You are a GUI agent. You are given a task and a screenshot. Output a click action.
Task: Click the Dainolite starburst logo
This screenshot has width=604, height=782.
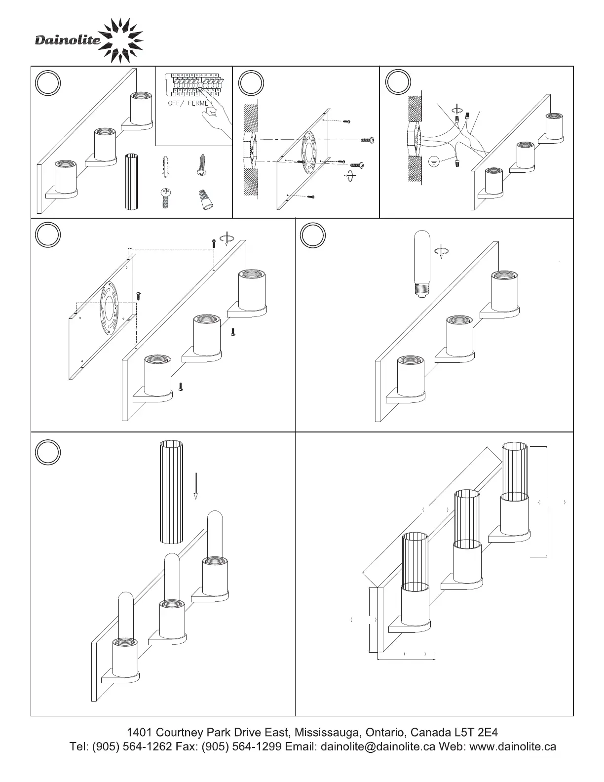(x=121, y=40)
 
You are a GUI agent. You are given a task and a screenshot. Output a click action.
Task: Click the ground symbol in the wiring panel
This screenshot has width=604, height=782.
(x=434, y=162)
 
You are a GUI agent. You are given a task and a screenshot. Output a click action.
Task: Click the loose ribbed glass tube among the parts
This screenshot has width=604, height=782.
(x=132, y=182)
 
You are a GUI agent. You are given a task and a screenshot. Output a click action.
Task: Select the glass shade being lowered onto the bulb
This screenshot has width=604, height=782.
(x=171, y=493)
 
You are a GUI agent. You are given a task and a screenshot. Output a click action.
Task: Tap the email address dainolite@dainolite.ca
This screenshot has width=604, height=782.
(x=378, y=746)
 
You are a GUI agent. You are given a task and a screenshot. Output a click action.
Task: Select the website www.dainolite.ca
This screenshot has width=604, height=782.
(x=513, y=746)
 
